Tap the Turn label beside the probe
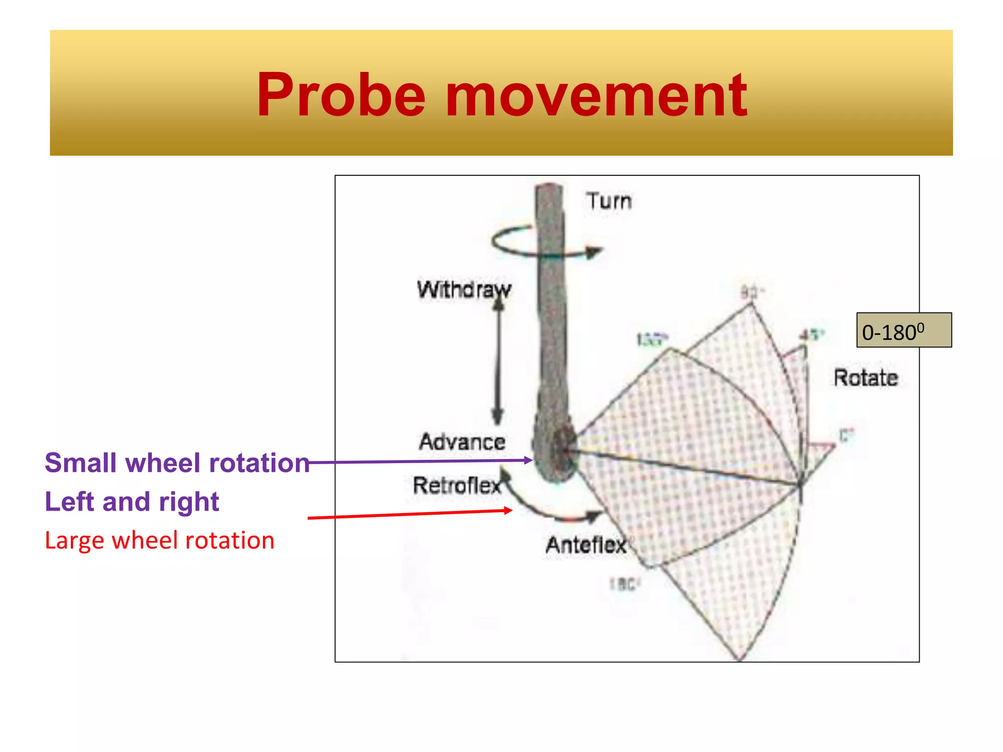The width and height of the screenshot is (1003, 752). coord(609,201)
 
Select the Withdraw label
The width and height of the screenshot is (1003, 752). coord(463,289)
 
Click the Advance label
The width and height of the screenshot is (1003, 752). coord(462,442)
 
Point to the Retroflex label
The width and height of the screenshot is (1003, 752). coord(456,486)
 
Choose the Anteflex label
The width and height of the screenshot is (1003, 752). coord(586,545)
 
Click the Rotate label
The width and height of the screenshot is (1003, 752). coord(865,378)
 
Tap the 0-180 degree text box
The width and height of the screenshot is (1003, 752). coord(904,330)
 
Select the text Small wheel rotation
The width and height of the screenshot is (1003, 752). coord(177,463)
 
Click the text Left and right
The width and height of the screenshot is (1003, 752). coord(132,501)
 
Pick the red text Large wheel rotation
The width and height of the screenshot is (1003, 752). coord(159,540)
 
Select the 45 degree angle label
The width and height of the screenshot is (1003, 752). coord(812,335)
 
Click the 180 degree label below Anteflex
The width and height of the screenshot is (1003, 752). coord(624,584)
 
